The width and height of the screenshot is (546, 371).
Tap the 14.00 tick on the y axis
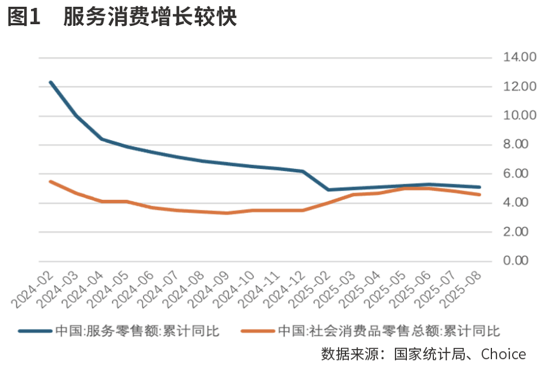pyautogui.click(x=520, y=57)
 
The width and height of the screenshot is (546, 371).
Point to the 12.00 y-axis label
pyautogui.click(x=520, y=87)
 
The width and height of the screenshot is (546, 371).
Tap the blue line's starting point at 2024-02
pyautogui.click(x=51, y=83)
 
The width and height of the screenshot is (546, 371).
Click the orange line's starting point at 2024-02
pyautogui.click(x=51, y=181)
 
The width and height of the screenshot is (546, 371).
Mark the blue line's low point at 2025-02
pyautogui.click(x=328, y=190)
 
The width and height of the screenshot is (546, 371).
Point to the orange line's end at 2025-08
pyautogui.click(x=479, y=195)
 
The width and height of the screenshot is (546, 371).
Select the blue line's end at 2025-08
pyautogui.click(x=479, y=187)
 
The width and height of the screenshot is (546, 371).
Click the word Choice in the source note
pyautogui.click(x=503, y=354)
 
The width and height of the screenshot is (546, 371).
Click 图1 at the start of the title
pyautogui.click(x=24, y=18)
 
